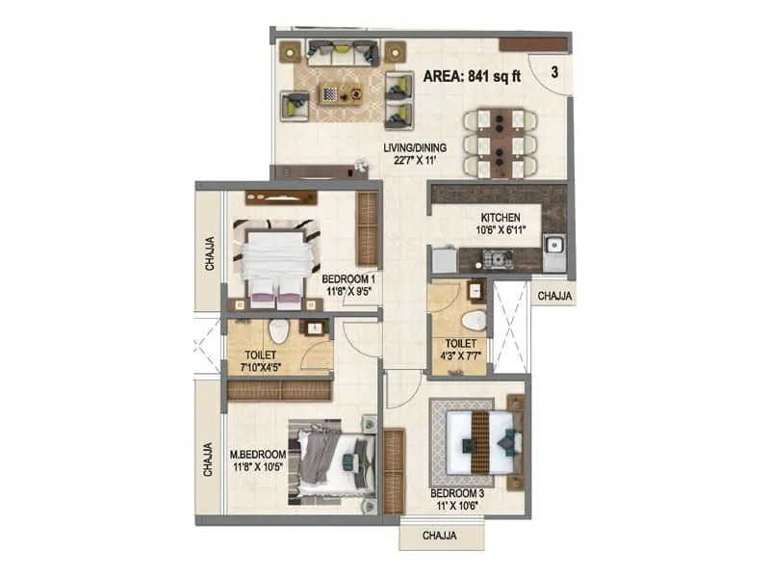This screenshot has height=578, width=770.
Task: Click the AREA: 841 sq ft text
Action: click(x=472, y=77)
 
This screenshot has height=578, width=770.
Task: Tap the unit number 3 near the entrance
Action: click(x=554, y=72)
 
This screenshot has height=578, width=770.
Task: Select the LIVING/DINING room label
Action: click(x=415, y=147)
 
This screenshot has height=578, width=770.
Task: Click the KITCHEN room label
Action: click(x=500, y=218)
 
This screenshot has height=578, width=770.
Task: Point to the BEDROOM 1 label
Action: click(x=348, y=279)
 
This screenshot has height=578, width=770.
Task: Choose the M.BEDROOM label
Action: click(x=258, y=455)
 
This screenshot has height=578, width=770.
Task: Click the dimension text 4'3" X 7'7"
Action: click(x=461, y=355)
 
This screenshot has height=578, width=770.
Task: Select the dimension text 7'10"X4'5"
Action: click(x=261, y=367)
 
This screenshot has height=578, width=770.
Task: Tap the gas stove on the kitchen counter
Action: click(x=498, y=259)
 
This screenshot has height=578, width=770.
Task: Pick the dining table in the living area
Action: click(x=500, y=144)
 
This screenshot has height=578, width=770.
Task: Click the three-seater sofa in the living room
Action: click(x=343, y=54)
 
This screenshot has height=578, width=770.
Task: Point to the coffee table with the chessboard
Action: click(x=341, y=93)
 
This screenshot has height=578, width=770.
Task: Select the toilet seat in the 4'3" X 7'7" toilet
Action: click(x=474, y=322)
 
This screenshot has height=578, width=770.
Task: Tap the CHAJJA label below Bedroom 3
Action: click(x=440, y=536)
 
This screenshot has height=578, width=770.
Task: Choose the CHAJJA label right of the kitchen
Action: click(x=554, y=296)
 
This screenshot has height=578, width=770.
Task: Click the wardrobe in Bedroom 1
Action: click(x=367, y=229)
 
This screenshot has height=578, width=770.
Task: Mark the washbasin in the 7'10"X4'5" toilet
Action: click(x=311, y=328)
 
